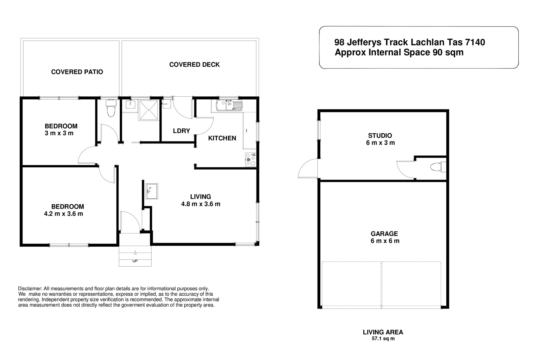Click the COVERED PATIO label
pos(77,72)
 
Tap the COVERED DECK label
pos(194,65)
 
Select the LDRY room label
pos(181,131)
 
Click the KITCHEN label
pos(222,138)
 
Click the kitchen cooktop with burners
pos(250,159)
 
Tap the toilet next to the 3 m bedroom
pos(111,109)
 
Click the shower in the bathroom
pos(148,110)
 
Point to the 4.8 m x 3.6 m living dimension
pos(201,204)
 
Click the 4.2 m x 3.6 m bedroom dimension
pos(64,214)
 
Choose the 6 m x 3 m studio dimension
pos(380,143)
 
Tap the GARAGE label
pos(384,234)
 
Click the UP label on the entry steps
pos(135,261)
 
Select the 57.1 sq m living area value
pos(383,339)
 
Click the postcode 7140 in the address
pos(475,42)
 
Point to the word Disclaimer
pos(30,289)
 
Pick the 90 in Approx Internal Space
pos(437,53)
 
